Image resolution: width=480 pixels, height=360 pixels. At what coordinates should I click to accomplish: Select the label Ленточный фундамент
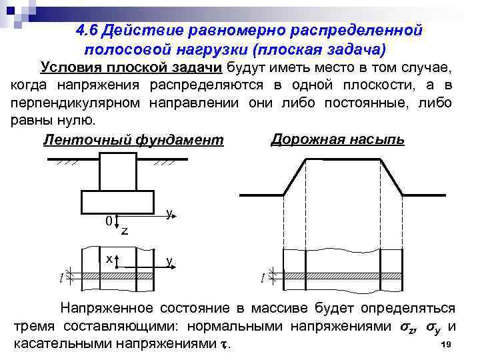(x=133, y=141)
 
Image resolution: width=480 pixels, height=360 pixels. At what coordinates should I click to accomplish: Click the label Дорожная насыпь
(x=337, y=139)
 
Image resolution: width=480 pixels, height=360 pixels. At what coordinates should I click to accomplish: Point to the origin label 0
(x=108, y=220)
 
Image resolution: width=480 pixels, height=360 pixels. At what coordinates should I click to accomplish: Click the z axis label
(x=125, y=231)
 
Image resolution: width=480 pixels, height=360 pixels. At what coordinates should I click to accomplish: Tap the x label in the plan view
(x=108, y=257)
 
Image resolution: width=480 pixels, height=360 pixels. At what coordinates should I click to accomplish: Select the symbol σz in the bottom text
(x=398, y=327)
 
